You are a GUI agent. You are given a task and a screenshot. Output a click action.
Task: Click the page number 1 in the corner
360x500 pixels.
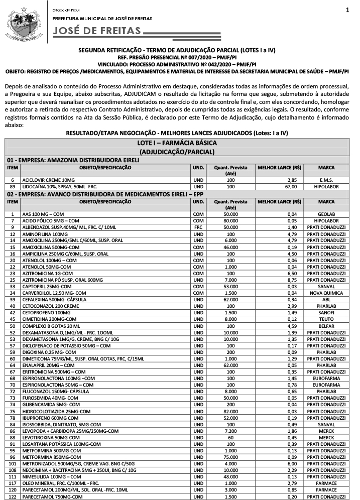tap(347, 10)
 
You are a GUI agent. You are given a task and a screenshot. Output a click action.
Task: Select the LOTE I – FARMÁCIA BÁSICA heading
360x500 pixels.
tap(179, 144)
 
